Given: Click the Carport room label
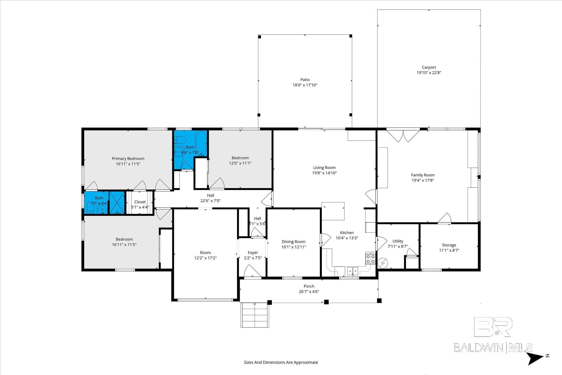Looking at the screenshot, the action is [429, 67].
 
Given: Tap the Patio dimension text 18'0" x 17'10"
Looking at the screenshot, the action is [305, 85].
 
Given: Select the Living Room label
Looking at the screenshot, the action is [324, 167].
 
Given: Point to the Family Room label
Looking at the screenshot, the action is [423, 175].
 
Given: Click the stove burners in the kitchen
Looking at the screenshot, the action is [370, 259].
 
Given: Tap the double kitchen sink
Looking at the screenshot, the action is [352, 271].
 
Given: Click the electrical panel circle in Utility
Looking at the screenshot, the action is [382, 263].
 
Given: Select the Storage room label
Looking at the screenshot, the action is [449, 245].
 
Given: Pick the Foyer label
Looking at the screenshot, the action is [253, 253].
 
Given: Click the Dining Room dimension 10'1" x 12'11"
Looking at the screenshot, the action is [294, 247].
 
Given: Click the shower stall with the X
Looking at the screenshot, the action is [117, 202].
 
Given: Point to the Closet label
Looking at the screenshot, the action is [140, 202].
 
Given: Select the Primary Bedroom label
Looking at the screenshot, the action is [128, 158].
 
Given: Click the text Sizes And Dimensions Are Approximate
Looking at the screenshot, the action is [281, 362].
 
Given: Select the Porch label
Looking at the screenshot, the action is [309, 286].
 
